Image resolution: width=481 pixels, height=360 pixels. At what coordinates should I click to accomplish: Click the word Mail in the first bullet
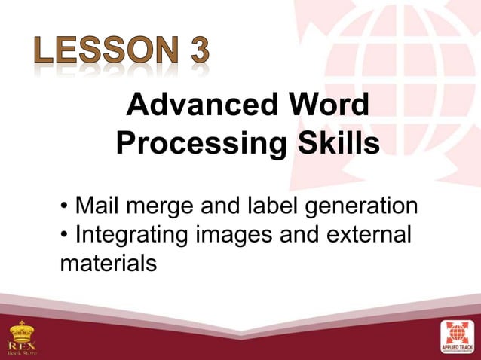[97, 205]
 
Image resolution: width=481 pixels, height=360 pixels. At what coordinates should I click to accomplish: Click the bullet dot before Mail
[66, 206]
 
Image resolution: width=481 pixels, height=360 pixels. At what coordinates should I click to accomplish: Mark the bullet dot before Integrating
[66, 235]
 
